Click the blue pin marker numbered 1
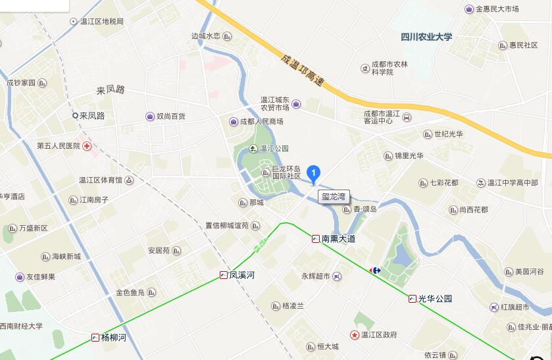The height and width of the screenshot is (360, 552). coord(314,173)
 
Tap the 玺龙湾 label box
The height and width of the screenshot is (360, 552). coord(334,195)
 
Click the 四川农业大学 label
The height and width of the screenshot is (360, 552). coord(426,37)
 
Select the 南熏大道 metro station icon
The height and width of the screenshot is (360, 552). coord(316,239)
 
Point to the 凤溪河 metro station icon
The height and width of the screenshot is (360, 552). coord(224,275)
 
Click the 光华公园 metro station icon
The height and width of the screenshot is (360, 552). coord(413,298)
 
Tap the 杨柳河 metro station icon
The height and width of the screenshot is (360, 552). coord(95,338)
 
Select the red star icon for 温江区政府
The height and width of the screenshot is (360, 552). coord(355,335)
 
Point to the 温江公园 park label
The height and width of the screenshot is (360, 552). coord(274,149)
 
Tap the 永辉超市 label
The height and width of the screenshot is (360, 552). coord(316,276)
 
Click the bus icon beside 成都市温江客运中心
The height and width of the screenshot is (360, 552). coord(407,117)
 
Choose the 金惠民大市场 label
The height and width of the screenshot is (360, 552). coord(497,9)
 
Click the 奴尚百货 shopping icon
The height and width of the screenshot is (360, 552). coord(151,116)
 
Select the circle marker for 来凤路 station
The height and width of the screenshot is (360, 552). coord(76,115)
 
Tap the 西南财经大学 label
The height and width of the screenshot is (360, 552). coord(20,326)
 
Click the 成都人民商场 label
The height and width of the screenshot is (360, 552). coord(261,122)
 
